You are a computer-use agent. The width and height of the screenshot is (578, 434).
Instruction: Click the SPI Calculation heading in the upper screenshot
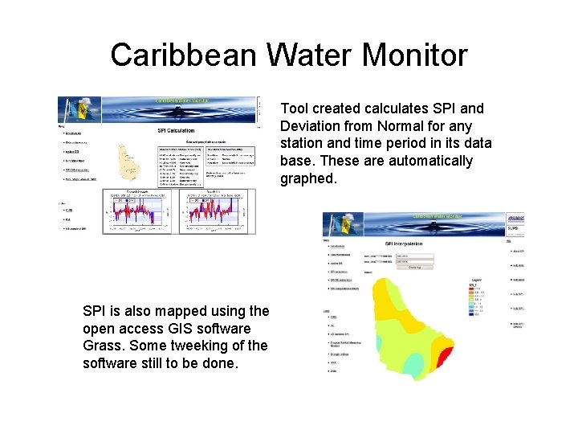tap(175, 130)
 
